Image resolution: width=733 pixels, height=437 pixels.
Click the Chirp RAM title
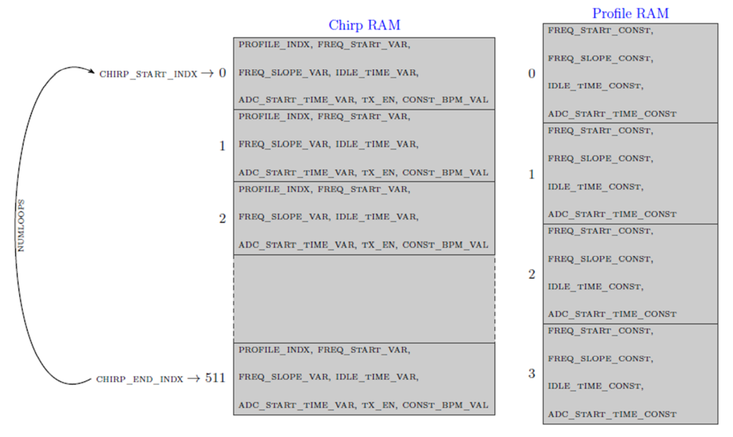(364, 25)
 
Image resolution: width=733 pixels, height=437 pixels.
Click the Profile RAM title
(630, 14)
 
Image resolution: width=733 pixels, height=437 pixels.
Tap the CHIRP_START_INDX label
(148, 74)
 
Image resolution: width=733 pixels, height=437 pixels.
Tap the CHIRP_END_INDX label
(139, 379)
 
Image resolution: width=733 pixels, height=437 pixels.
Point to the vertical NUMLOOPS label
(21, 225)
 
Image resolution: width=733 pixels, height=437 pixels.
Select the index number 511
(215, 378)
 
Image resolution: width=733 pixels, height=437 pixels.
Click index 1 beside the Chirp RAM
(222, 146)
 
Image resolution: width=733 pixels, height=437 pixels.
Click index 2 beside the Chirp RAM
(222, 218)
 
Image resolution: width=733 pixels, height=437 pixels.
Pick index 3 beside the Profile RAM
(531, 373)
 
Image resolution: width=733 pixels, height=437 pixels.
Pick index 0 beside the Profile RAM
(531, 74)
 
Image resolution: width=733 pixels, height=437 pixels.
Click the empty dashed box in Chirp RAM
(364, 298)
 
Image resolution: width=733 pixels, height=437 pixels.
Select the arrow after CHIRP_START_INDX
(207, 74)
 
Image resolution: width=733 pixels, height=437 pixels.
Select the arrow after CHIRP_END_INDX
(194, 379)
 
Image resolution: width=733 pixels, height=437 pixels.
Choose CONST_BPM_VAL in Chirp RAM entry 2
(445, 245)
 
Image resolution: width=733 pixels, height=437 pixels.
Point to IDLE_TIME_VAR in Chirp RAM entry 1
(377, 144)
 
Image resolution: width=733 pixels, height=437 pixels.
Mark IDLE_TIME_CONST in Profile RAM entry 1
(595, 187)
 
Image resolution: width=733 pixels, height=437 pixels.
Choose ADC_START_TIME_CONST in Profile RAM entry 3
(612, 415)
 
